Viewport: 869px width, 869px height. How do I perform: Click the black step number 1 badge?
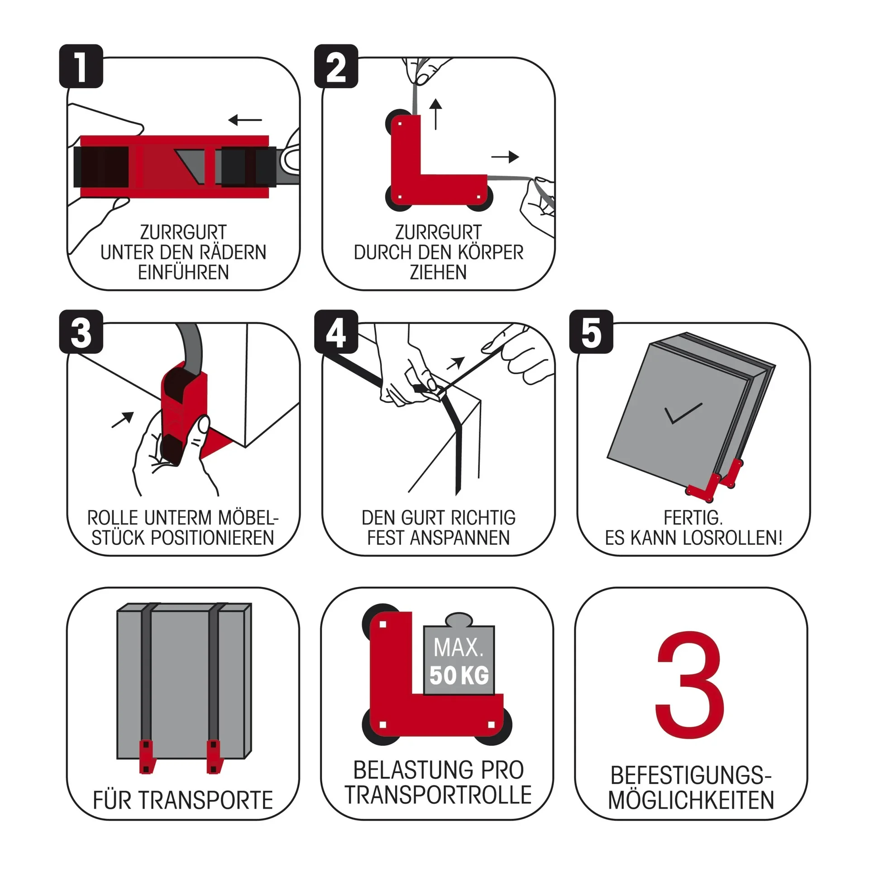(81, 67)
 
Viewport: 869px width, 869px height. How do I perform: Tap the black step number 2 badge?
(336, 67)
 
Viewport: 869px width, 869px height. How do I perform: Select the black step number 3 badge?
(81, 332)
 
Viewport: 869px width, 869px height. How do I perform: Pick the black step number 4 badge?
(336, 332)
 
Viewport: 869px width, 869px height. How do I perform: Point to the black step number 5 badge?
(591, 332)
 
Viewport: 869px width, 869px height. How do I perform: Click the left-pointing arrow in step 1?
(245, 120)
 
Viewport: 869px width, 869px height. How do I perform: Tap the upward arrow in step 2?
(435, 114)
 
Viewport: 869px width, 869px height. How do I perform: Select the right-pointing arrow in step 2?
(505, 157)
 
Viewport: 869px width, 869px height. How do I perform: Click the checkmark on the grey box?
(683, 413)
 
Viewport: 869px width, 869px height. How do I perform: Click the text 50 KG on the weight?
(459, 675)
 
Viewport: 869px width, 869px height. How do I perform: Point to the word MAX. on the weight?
(458, 648)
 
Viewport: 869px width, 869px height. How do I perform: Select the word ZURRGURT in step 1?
(183, 233)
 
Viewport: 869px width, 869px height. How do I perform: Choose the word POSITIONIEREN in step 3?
(212, 538)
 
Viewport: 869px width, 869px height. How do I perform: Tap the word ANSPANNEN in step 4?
(460, 538)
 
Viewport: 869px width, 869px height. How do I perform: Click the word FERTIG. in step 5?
(693, 517)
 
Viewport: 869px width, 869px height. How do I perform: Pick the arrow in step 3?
(123, 420)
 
